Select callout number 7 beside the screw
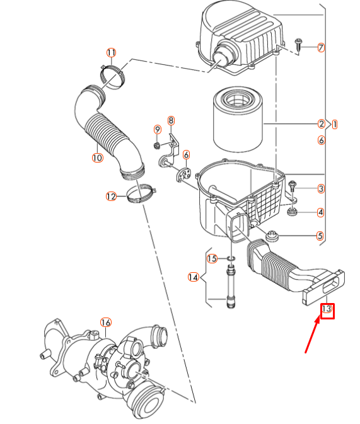click(321, 47)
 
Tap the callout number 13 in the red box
click(327, 309)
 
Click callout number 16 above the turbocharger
click(106, 323)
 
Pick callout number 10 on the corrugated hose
click(97, 158)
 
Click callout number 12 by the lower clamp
click(111, 197)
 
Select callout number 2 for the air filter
click(321, 124)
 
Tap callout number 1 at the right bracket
click(335, 124)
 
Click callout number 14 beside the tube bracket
click(193, 277)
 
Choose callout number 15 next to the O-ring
click(212, 258)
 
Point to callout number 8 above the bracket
click(171, 120)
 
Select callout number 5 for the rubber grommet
click(321, 236)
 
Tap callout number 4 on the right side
click(321, 212)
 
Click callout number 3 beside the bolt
click(321, 188)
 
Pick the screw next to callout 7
click(298, 44)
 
